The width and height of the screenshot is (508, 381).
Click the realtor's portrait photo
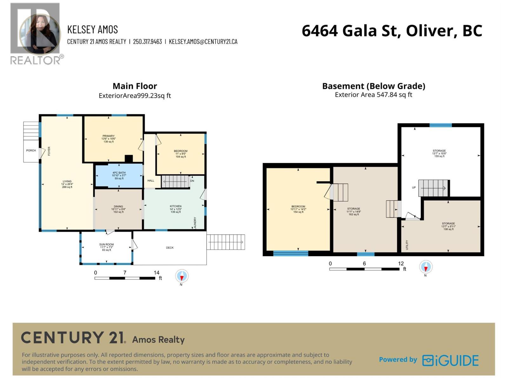click(x=40, y=33)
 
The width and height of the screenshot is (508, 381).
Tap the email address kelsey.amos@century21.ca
click(x=203, y=42)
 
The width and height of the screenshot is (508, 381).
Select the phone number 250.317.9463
click(x=147, y=42)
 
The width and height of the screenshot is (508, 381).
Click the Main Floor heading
click(x=135, y=86)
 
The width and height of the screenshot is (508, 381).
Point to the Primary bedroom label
click(x=108, y=139)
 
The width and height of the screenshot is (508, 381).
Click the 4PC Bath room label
click(x=119, y=175)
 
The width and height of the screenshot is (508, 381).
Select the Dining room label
click(x=118, y=209)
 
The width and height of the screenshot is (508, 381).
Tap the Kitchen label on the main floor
click(x=175, y=209)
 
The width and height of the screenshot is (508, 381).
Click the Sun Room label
click(x=106, y=247)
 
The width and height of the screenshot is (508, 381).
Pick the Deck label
click(x=170, y=248)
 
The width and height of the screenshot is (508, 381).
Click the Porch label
click(x=31, y=150)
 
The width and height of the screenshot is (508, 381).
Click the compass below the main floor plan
click(x=182, y=276)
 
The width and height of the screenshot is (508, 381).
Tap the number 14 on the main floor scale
click(x=156, y=272)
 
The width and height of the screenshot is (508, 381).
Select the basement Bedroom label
click(x=298, y=209)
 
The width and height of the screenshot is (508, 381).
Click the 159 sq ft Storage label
click(x=439, y=153)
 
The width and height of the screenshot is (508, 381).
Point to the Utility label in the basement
click(x=407, y=244)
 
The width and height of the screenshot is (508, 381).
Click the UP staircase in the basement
click(x=432, y=188)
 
